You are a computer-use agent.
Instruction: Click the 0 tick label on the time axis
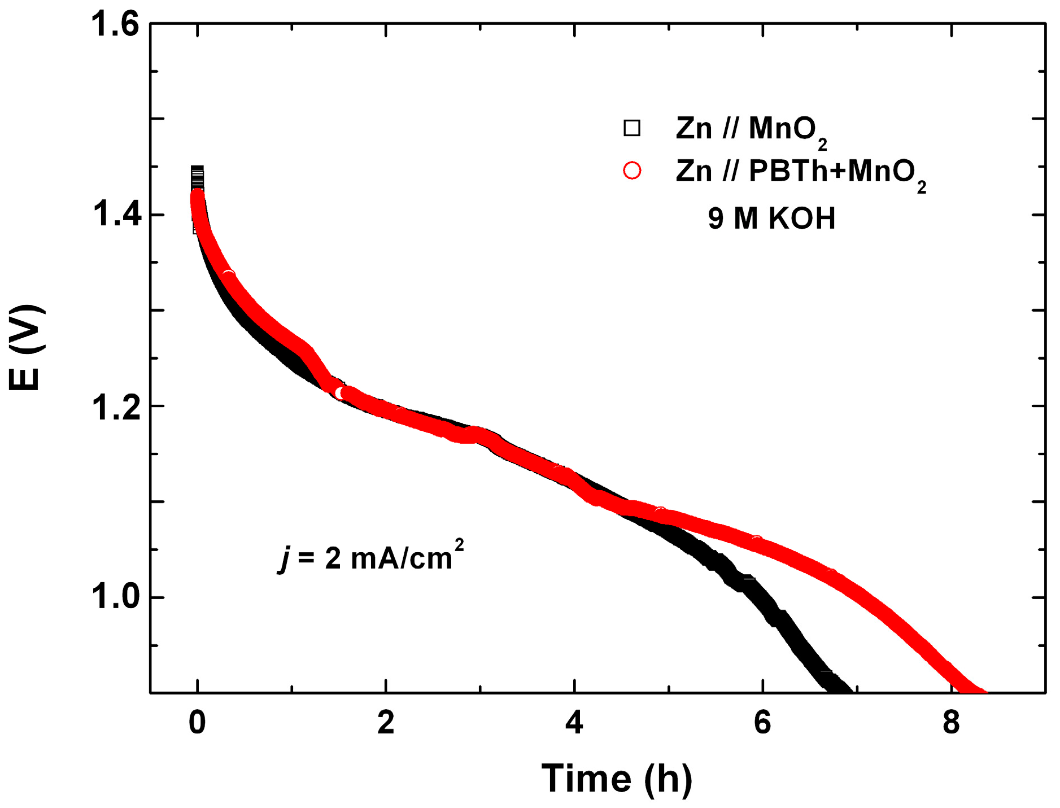tap(197, 723)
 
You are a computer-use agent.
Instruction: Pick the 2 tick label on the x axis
tap(386, 723)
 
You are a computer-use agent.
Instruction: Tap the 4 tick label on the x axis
tap(574, 723)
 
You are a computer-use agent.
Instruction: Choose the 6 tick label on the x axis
tap(762, 723)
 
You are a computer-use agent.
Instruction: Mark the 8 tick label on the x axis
tap(951, 723)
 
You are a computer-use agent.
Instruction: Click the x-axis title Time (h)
tap(617, 779)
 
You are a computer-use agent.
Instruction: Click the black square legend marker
tap(632, 128)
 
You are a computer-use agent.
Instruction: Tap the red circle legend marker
tap(632, 171)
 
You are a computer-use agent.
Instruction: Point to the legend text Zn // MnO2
tap(751, 130)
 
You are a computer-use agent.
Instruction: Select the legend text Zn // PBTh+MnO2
tap(801, 172)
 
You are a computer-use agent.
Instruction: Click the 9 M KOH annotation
tap(771, 219)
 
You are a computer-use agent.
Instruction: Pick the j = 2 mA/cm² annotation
tap(371, 557)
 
